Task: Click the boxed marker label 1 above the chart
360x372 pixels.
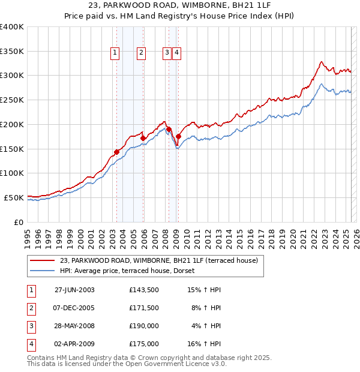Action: [x=115, y=53]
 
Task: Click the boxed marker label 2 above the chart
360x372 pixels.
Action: [x=141, y=53]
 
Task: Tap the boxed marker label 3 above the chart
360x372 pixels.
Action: [x=167, y=53]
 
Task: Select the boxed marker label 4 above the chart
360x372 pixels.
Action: [x=178, y=53]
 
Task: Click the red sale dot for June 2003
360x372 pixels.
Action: [x=116, y=152]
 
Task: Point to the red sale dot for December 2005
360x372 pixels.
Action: [x=143, y=138]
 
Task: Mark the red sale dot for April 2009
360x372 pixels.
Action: [x=178, y=137]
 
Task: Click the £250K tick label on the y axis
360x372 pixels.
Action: [x=12, y=100]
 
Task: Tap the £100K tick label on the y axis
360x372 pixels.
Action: [x=12, y=173]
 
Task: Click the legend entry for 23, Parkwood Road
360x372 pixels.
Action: [x=158, y=261]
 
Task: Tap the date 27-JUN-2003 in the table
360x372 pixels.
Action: [x=74, y=290]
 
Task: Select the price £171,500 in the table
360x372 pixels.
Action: [x=144, y=308]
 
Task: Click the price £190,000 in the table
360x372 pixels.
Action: [x=144, y=326]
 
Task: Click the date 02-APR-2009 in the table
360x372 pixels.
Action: [x=74, y=344]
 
